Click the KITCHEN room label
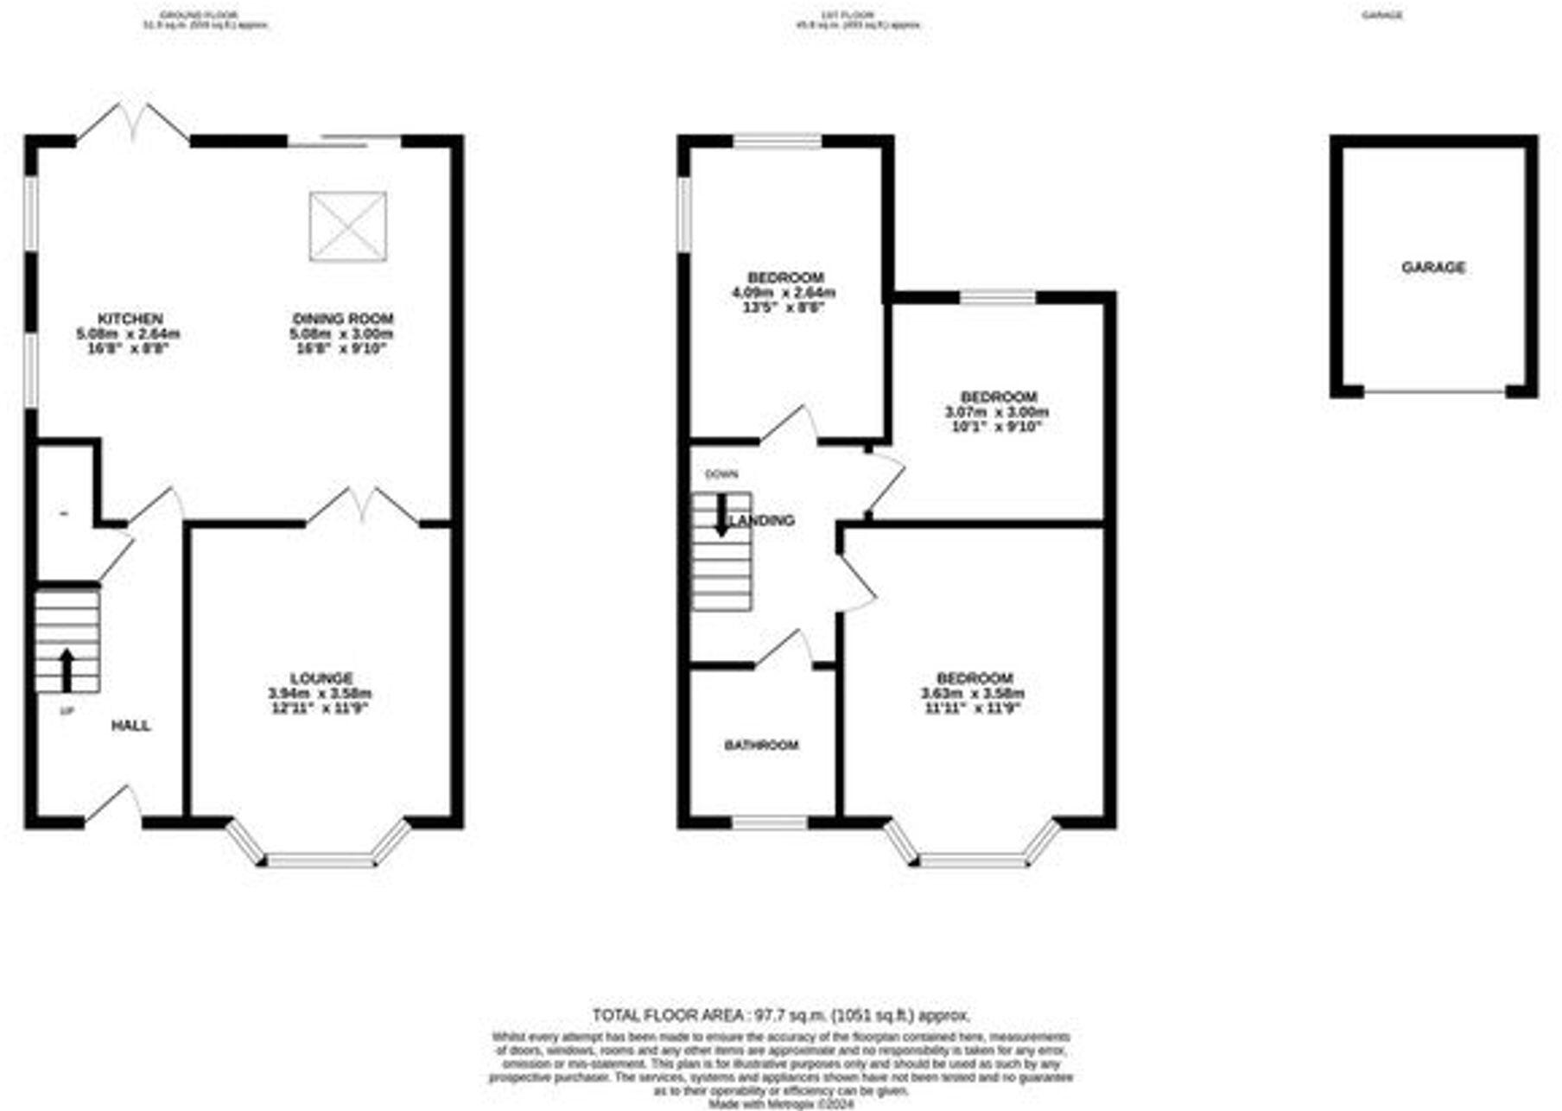(x=130, y=319)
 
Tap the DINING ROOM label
(x=342, y=319)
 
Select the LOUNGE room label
(x=321, y=678)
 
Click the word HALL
(x=131, y=726)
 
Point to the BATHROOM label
(x=761, y=745)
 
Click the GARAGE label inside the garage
(x=1433, y=268)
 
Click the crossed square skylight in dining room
(x=348, y=226)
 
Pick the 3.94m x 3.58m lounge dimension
(x=320, y=694)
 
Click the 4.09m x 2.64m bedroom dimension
(x=784, y=293)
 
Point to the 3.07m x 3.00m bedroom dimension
(x=996, y=412)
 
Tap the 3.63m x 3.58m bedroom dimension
(x=973, y=694)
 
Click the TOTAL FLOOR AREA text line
(x=781, y=1015)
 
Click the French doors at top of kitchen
(x=134, y=124)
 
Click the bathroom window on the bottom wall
(x=770, y=822)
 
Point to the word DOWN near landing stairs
(x=721, y=474)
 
